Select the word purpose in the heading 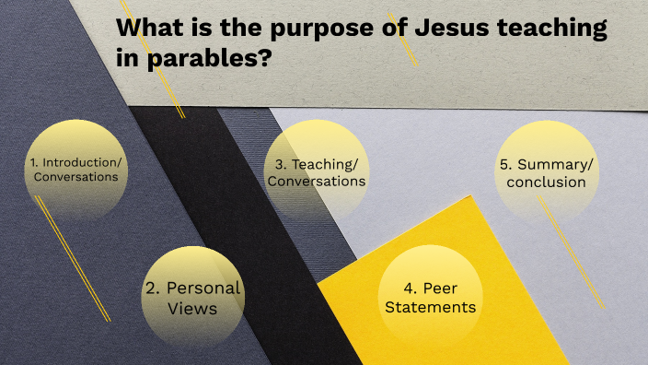click(x=318, y=29)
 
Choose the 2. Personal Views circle click(x=192, y=297)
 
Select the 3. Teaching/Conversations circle click(x=316, y=172)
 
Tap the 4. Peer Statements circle click(x=430, y=297)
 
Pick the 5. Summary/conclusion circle click(x=547, y=172)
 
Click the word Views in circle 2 click(x=192, y=308)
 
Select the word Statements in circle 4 click(x=430, y=307)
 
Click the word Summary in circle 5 click(x=555, y=164)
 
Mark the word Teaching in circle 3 click(x=325, y=164)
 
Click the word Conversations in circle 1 click(x=75, y=177)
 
